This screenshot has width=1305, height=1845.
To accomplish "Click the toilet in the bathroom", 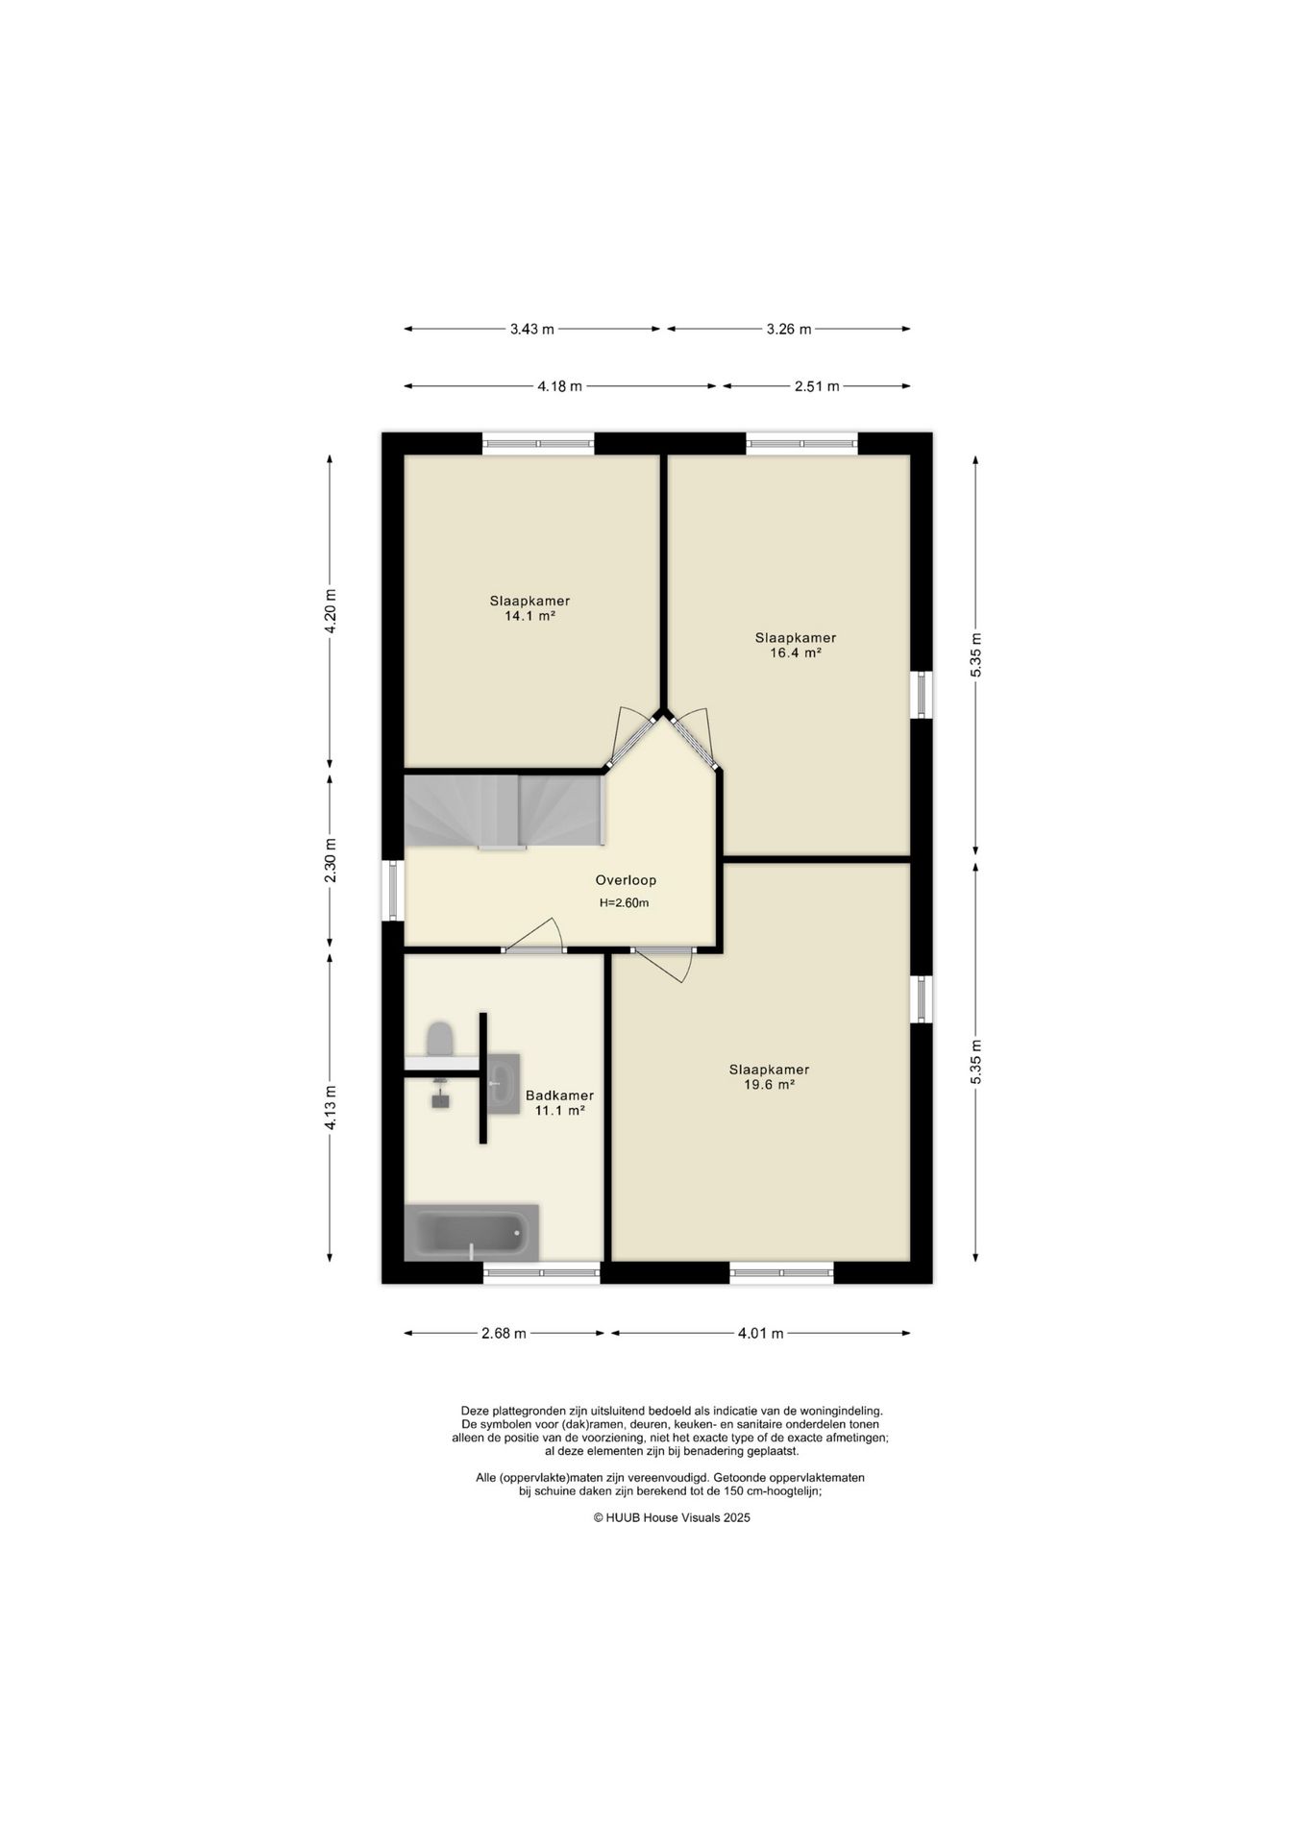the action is pyautogui.click(x=440, y=1039).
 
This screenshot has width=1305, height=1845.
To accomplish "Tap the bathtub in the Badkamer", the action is pyautogui.click(x=471, y=1232).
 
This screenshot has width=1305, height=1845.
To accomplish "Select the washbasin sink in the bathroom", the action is pyautogui.click(x=504, y=1083).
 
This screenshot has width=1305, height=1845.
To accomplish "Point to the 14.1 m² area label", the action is pyautogui.click(x=530, y=616).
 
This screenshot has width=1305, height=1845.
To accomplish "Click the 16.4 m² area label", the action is pyautogui.click(x=796, y=652).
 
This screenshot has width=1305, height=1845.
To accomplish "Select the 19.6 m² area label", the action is pyautogui.click(x=769, y=1085).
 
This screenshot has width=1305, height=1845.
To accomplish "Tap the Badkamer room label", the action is pyautogui.click(x=559, y=1095).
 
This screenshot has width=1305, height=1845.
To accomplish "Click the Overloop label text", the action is pyautogui.click(x=626, y=880).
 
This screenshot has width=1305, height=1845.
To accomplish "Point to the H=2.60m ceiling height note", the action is pyautogui.click(x=625, y=903).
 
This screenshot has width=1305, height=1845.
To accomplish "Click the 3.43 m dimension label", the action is pyautogui.click(x=531, y=329).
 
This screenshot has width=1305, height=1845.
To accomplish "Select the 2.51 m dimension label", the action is pyautogui.click(x=817, y=386).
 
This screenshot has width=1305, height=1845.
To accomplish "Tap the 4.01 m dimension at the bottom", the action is pyautogui.click(x=760, y=1333).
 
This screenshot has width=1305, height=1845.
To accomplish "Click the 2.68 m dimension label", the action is pyautogui.click(x=504, y=1333).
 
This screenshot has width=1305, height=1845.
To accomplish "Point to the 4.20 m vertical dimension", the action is pyautogui.click(x=330, y=610).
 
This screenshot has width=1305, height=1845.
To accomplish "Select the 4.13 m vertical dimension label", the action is pyautogui.click(x=330, y=1107).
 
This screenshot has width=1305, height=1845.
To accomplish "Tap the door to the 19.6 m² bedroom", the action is pyautogui.click(x=663, y=961).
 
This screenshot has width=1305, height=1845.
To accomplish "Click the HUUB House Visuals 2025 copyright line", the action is pyautogui.click(x=672, y=1517).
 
